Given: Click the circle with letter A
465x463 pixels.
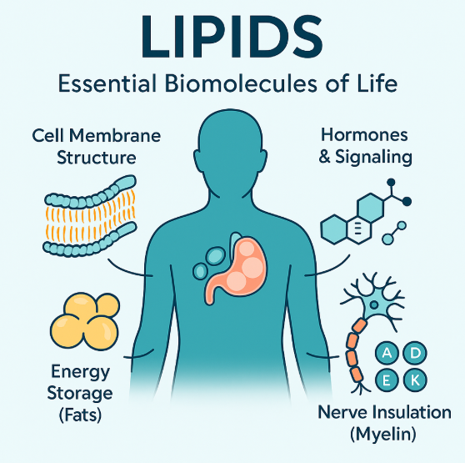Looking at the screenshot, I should (387, 354).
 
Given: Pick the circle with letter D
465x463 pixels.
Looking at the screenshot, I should (416, 354).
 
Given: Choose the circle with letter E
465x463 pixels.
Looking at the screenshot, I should (387, 380).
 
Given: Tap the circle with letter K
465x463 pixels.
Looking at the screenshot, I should (416, 380).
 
